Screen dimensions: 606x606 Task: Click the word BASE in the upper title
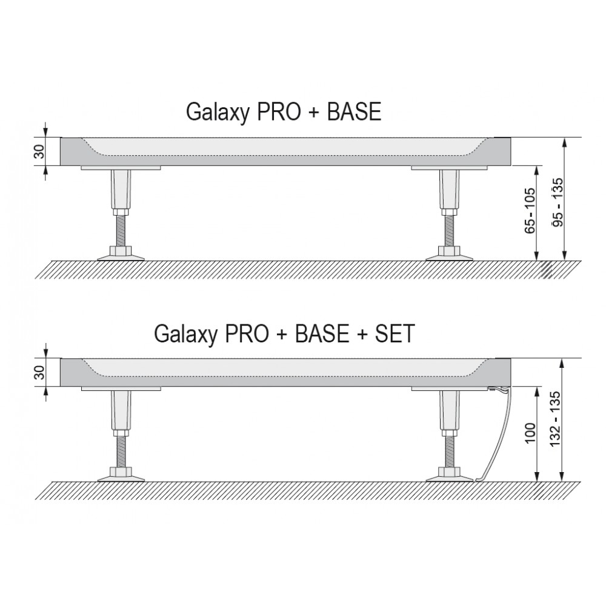[354, 112]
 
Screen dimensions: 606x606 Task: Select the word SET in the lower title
[395, 333]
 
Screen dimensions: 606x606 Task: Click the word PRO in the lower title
[246, 333]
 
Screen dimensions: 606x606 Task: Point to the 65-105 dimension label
[530, 210]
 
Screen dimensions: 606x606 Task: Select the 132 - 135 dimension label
[555, 419]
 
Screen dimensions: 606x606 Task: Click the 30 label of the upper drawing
[40, 151]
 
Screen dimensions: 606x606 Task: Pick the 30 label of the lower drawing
[40, 372]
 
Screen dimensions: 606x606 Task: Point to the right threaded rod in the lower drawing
[450, 452]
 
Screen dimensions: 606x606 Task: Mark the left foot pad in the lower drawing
[121, 476]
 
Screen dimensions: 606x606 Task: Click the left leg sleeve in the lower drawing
[121, 410]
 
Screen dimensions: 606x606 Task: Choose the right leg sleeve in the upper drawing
[450, 189]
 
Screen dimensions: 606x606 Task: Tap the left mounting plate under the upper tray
[121, 168]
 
